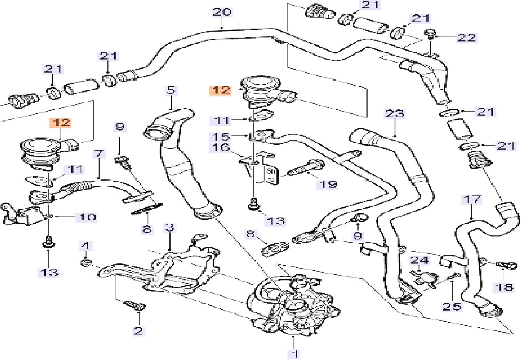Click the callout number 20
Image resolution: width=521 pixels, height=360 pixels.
coord(222,12)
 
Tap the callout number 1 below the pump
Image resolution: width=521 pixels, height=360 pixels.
coord(294,353)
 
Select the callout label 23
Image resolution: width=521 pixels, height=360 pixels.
coord(395,114)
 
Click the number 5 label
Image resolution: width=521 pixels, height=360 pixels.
coord(171,91)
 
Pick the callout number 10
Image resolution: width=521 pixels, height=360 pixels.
coord(87,217)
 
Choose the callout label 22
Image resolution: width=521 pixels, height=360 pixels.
coord(466,37)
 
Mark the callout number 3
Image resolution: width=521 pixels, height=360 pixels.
coord(169,228)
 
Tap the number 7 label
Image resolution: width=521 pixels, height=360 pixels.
coord(99,153)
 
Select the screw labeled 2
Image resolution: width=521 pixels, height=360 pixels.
coord(136,305)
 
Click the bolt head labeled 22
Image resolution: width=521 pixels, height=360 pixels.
coord(430,34)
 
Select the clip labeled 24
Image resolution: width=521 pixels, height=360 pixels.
coord(423,277)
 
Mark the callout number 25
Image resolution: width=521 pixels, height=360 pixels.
coord(451,307)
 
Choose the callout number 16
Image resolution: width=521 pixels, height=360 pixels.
coord(221,148)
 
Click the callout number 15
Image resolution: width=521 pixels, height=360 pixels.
coord(221,136)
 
